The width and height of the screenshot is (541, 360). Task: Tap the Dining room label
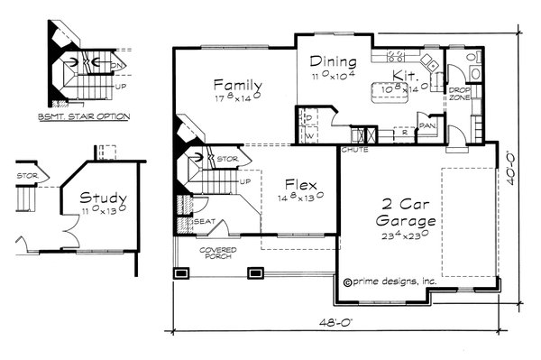tap(334, 62)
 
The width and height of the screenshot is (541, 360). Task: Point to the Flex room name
tap(298, 180)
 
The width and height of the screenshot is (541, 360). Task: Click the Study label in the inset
tap(102, 198)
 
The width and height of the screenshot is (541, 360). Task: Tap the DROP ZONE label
tap(459, 96)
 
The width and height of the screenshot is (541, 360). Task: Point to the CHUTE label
tap(353, 150)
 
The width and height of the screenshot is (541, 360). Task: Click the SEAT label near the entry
tap(206, 221)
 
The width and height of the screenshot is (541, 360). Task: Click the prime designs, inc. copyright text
tap(390, 282)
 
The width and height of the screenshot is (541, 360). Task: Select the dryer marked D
tap(308, 118)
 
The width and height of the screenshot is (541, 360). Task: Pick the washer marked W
tap(308, 136)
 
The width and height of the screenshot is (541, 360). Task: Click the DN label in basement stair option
tap(115, 66)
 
